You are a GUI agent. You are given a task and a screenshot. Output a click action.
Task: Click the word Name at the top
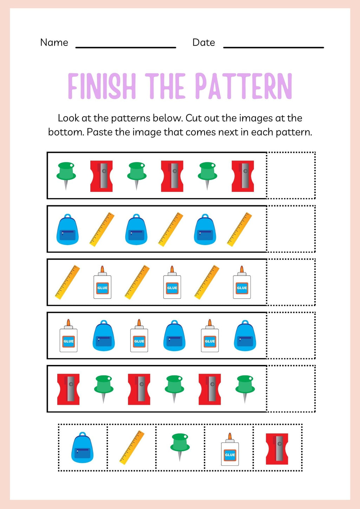click(54, 43)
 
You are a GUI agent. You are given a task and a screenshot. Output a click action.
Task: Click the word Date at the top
click(204, 43)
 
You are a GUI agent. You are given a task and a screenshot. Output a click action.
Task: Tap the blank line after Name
click(126, 47)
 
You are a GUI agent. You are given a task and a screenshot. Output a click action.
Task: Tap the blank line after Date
click(274, 47)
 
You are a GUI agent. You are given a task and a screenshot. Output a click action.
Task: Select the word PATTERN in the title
click(243, 86)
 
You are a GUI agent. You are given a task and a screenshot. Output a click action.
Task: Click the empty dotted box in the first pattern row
click(291, 175)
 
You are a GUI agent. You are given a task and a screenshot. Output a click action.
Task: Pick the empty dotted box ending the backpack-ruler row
click(291, 229)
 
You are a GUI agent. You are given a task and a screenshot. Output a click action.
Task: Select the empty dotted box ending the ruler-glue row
click(291, 282)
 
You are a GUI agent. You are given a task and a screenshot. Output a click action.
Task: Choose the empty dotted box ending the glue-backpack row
click(291, 335)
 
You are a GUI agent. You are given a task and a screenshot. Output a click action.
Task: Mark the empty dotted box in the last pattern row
click(291, 389)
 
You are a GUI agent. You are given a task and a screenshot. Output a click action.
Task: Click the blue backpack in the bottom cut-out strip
click(82, 448)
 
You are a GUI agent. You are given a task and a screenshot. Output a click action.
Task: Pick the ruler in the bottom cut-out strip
click(131, 447)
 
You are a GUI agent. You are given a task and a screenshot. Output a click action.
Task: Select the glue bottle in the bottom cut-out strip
click(230, 450)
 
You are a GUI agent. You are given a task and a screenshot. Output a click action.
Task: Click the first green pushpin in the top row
click(66, 175)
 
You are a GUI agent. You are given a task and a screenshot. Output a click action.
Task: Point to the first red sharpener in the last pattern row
click(69, 389)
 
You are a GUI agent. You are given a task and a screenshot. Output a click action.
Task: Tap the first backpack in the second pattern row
click(67, 230)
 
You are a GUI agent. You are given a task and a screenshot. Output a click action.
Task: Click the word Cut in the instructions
click(193, 118)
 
